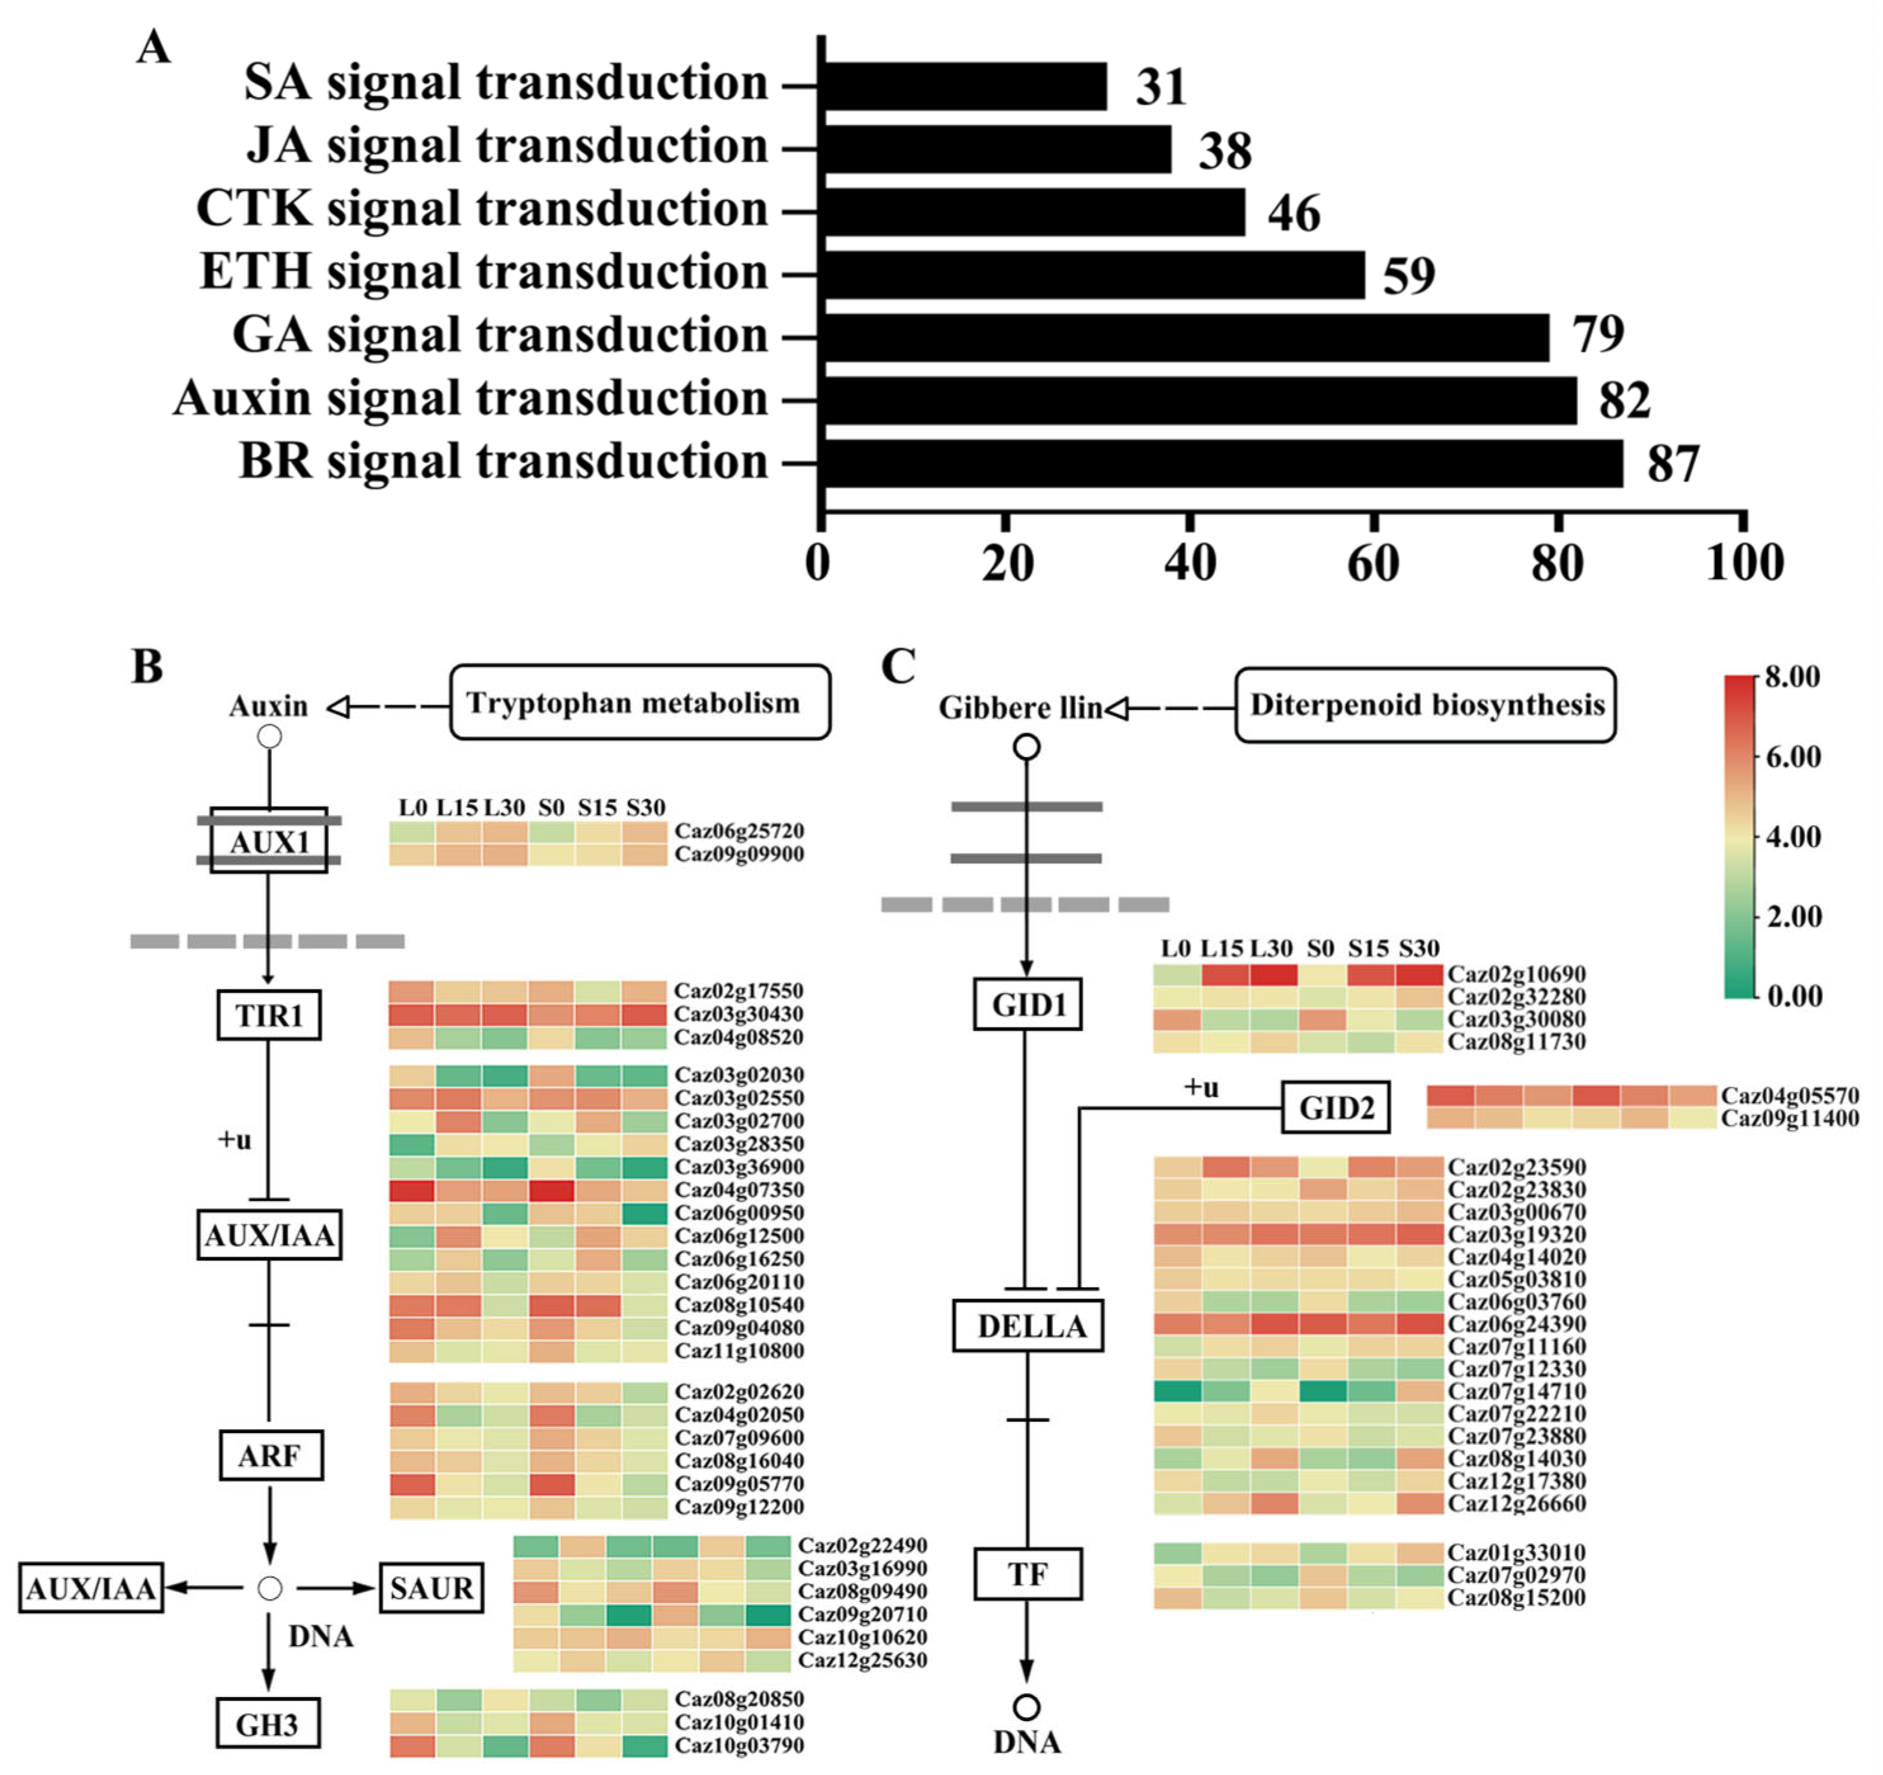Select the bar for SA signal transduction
coord(964,86)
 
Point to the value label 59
coord(1409,276)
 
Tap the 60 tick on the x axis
coord(1373,564)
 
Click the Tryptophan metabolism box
coord(639,703)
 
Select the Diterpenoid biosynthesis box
coord(1425,705)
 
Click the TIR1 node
coord(269,1015)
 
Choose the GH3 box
coord(267,1725)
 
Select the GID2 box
coord(1335,1107)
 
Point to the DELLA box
coord(1028,1326)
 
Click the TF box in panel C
coord(1028,1574)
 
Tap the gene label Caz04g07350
coord(739,1190)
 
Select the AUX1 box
coord(269,841)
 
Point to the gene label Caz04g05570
coord(1789,1096)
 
